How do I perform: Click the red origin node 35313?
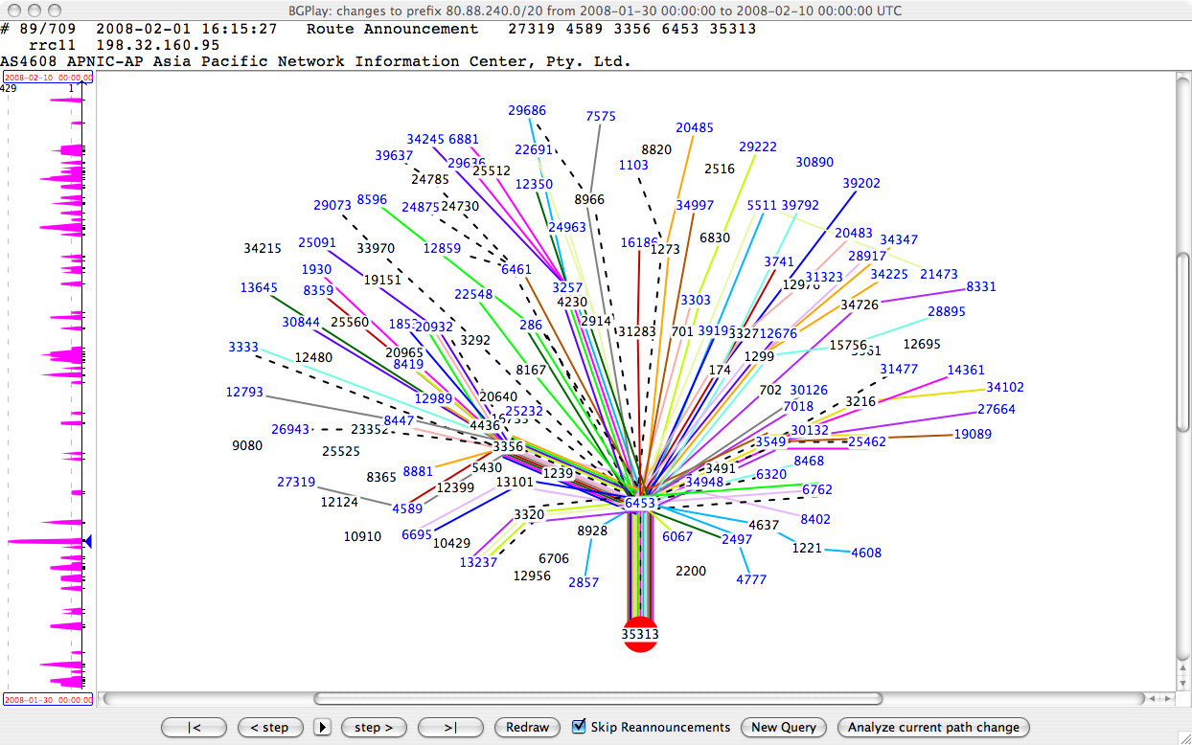pyautogui.click(x=640, y=635)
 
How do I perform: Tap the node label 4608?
pyautogui.click(x=866, y=553)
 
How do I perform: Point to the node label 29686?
pyautogui.click(x=527, y=111)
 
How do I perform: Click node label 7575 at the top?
pyautogui.click(x=601, y=116)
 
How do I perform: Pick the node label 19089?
pyautogui.click(x=973, y=434)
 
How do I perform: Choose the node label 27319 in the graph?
pyautogui.click(x=296, y=482)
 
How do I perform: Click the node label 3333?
pyautogui.click(x=243, y=347)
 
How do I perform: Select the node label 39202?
pyautogui.click(x=861, y=183)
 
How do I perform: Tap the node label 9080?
pyautogui.click(x=247, y=445)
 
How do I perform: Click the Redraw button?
pyautogui.click(x=527, y=727)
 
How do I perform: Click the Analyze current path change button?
pyautogui.click(x=933, y=727)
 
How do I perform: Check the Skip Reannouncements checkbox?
pyautogui.click(x=579, y=727)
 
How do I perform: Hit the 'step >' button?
pyautogui.click(x=374, y=727)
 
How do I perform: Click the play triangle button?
pyautogui.click(x=323, y=727)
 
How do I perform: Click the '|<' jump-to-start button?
pyautogui.click(x=195, y=727)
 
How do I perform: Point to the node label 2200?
pyautogui.click(x=691, y=571)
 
